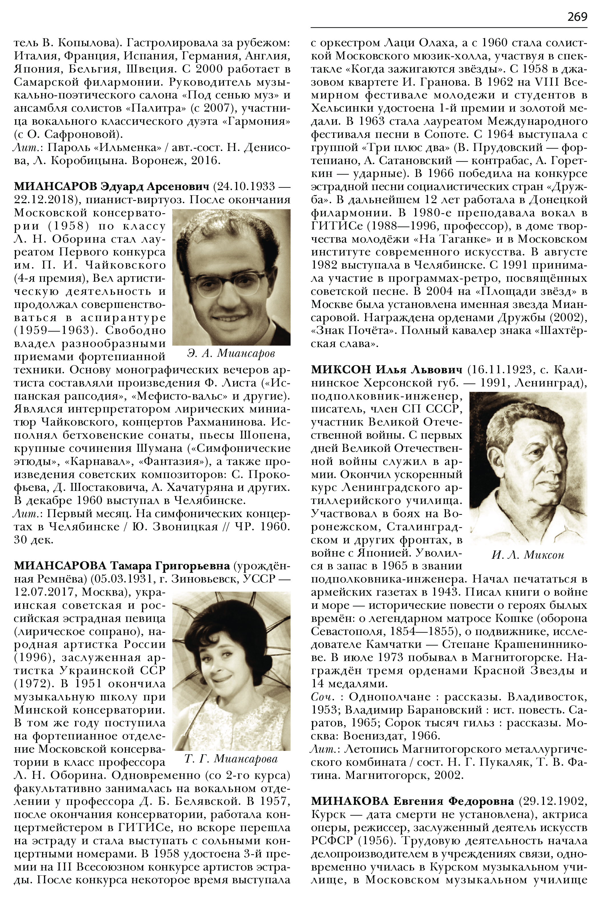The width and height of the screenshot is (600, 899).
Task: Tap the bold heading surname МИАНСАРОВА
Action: coord(61,565)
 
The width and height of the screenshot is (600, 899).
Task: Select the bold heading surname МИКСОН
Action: coord(341,370)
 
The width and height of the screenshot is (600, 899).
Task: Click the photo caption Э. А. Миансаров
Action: coord(231,354)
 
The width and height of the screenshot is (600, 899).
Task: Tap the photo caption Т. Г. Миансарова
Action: coord(231,759)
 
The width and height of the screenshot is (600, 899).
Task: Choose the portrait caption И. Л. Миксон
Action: coord(528,555)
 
